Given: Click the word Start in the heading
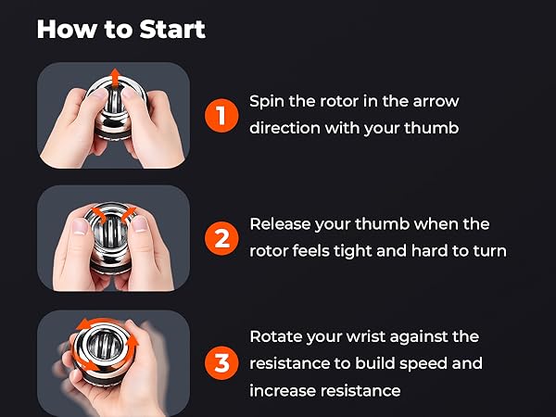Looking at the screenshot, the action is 172,29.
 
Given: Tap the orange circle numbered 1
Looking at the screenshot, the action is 221,116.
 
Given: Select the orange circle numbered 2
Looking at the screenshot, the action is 221,238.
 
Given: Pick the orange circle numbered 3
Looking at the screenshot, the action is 221,363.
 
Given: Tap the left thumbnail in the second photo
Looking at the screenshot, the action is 80,226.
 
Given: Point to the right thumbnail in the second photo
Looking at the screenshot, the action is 140,223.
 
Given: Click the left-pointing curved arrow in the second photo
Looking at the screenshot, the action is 99,215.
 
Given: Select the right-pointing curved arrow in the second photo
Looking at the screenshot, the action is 129,215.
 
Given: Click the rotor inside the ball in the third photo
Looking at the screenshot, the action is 106,343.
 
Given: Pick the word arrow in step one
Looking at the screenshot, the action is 436,101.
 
